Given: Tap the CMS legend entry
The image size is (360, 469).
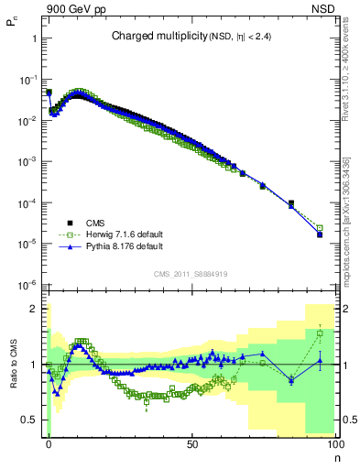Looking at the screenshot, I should pos(95,223).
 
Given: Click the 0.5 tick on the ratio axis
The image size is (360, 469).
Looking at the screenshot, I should pos(32,420).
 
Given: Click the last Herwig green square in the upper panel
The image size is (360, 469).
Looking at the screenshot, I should pos(320,228).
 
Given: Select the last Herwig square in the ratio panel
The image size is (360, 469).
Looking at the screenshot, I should pos(320,333).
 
